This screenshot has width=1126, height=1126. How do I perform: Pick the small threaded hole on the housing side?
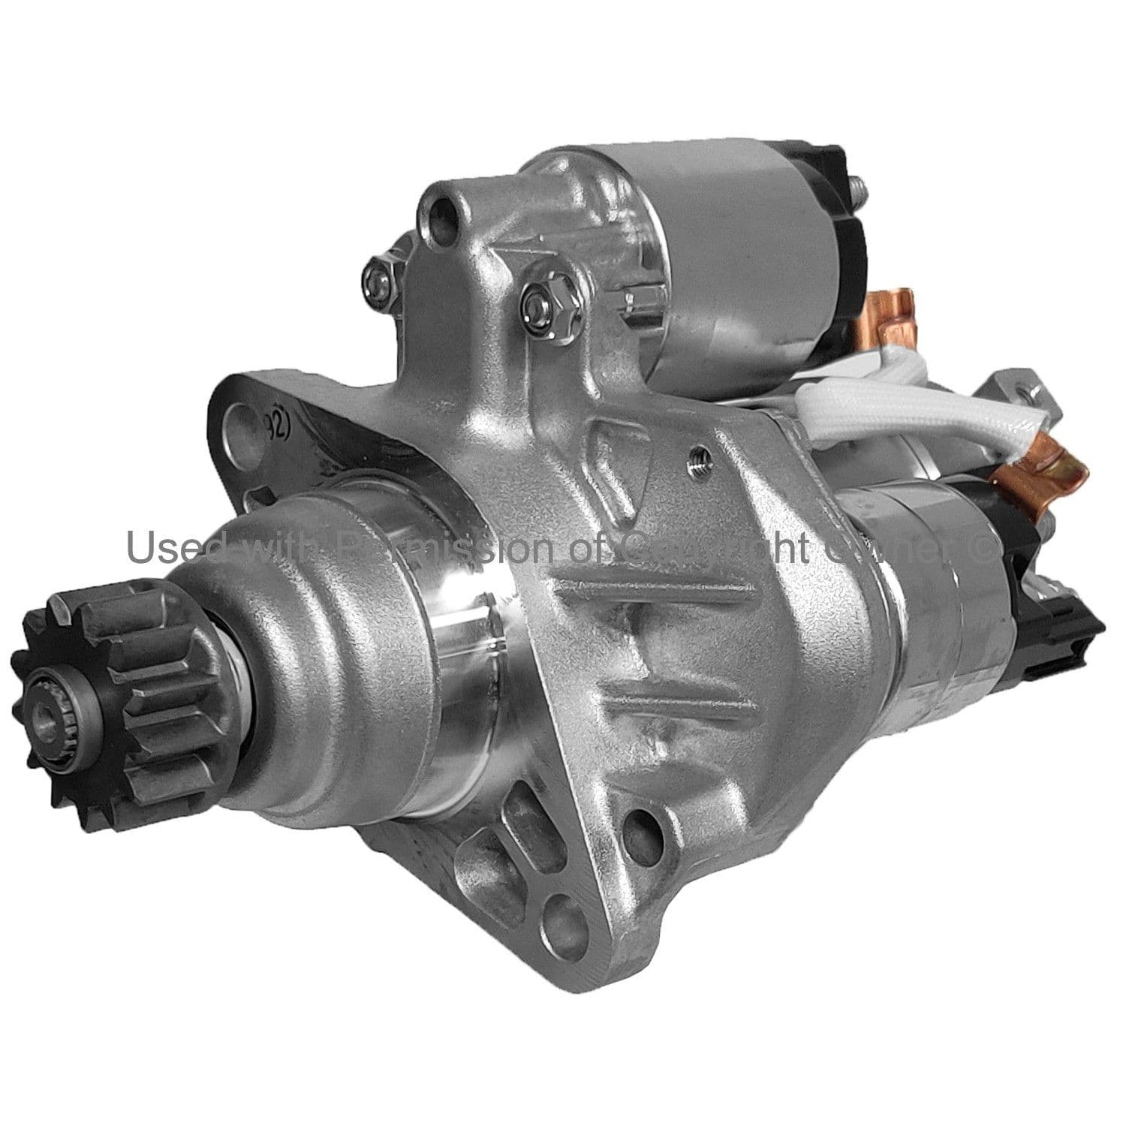[x=697, y=469]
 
